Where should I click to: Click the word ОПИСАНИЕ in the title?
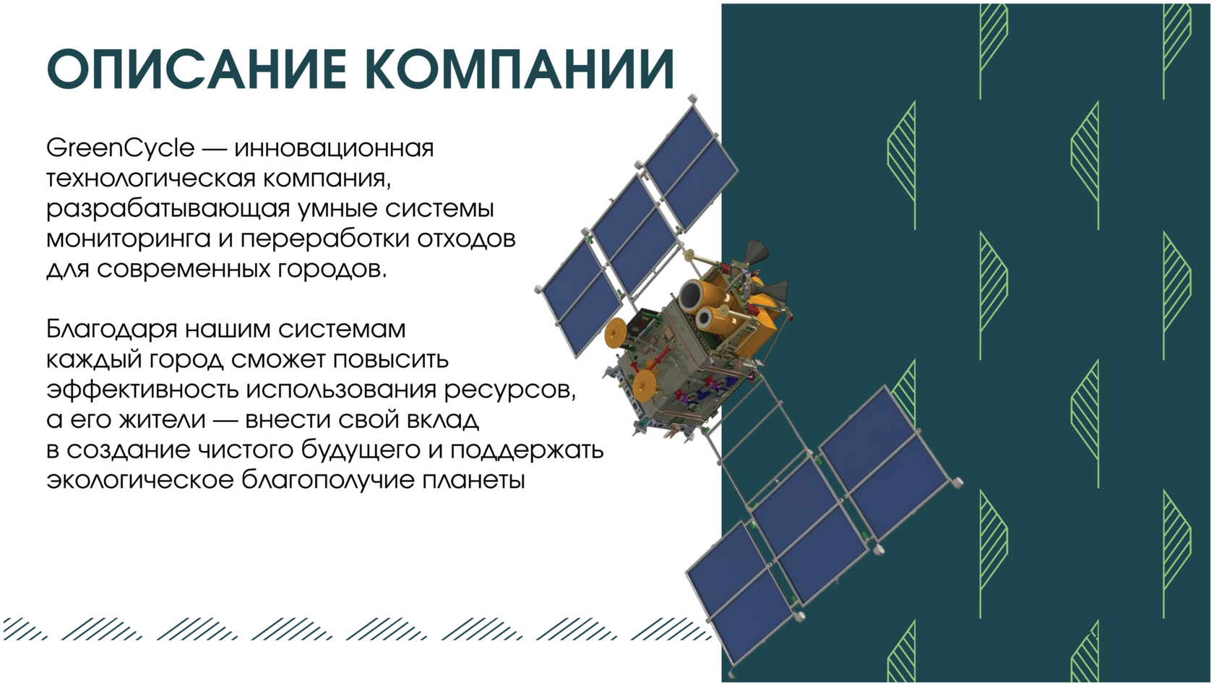[197, 69]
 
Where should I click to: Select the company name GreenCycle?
[120, 148]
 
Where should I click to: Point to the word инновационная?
[334, 148]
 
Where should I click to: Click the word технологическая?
[150, 179]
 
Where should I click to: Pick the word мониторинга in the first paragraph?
[128, 240]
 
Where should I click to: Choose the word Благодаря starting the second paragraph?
[111, 330]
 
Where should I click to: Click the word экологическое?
[140, 481]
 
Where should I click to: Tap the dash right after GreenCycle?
[214, 149]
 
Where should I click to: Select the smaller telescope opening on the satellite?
[706, 318]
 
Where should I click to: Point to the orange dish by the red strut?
[645, 386]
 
